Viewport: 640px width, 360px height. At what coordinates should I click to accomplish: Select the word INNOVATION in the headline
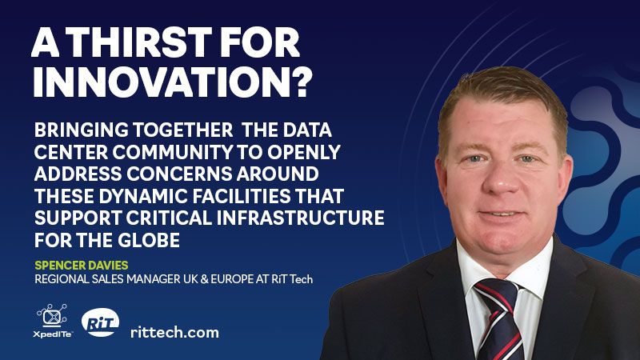tap(161, 82)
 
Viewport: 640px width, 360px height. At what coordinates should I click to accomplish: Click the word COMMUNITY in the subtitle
tap(173, 152)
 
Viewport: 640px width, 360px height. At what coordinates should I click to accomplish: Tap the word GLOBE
tap(149, 240)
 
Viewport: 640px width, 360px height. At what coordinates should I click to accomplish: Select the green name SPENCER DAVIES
tap(82, 266)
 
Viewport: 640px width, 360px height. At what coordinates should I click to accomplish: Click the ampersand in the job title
tap(205, 279)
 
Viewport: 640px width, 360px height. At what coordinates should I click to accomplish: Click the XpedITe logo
tap(53, 321)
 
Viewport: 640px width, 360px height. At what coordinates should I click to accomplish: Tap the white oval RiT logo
tap(101, 322)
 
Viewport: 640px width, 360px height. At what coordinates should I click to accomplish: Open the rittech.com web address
tap(174, 332)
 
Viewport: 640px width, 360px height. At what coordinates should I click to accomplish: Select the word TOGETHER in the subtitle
tap(183, 130)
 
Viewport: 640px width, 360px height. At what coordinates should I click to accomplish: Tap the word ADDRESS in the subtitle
tap(78, 174)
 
